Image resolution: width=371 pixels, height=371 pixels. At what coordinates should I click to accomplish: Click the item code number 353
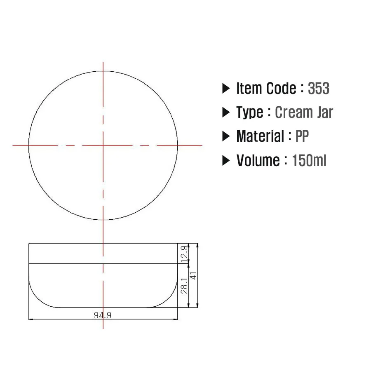click(319, 88)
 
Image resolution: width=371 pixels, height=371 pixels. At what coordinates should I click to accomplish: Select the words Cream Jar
click(304, 112)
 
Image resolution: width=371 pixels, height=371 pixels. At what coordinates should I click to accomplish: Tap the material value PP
click(302, 136)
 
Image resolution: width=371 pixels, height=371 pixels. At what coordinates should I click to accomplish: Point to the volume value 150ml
click(309, 160)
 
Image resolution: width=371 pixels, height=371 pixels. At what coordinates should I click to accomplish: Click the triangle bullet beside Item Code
click(226, 89)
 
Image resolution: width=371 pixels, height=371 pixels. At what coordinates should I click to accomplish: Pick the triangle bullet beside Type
click(226, 112)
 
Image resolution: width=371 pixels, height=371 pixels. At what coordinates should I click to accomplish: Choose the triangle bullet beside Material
click(226, 136)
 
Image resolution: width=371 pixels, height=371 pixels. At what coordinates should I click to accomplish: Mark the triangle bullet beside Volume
click(226, 161)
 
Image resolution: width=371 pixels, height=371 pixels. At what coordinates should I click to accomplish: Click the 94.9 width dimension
click(103, 315)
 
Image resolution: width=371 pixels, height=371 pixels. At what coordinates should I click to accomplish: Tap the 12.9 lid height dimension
click(184, 254)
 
